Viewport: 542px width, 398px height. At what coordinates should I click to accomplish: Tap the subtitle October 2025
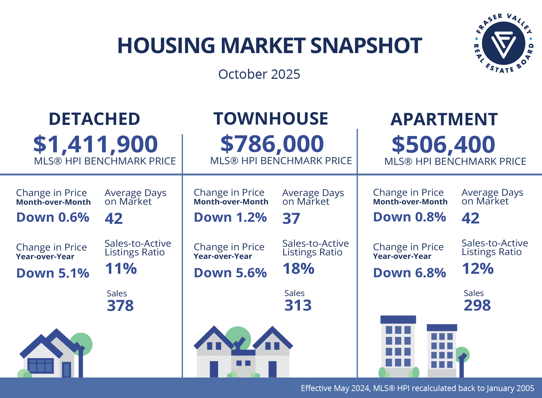click(259, 74)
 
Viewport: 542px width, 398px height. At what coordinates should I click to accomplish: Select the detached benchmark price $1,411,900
click(95, 144)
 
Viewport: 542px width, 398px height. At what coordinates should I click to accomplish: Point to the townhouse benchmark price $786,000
click(272, 144)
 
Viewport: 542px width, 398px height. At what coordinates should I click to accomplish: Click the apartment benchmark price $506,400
click(444, 145)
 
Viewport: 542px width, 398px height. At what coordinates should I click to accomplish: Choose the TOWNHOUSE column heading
click(270, 119)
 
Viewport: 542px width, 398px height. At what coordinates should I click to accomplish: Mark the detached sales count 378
click(120, 306)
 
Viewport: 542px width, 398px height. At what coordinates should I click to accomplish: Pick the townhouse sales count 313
click(298, 305)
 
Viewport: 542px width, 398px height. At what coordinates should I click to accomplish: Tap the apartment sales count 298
click(477, 305)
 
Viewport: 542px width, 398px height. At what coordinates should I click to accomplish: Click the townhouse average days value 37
click(291, 219)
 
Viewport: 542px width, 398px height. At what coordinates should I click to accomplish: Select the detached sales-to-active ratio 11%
click(121, 269)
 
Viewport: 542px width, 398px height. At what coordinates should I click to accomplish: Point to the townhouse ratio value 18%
click(298, 269)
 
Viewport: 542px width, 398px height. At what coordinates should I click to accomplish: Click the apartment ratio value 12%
click(478, 269)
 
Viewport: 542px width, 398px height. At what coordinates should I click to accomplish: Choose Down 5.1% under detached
click(53, 273)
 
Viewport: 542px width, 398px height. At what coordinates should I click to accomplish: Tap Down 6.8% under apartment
click(410, 273)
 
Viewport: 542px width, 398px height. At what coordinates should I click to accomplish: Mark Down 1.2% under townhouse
click(230, 217)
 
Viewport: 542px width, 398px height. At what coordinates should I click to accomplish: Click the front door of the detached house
click(66, 370)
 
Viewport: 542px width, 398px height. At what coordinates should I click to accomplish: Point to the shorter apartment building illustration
click(441, 350)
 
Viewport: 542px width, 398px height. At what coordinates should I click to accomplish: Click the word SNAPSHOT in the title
click(366, 45)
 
